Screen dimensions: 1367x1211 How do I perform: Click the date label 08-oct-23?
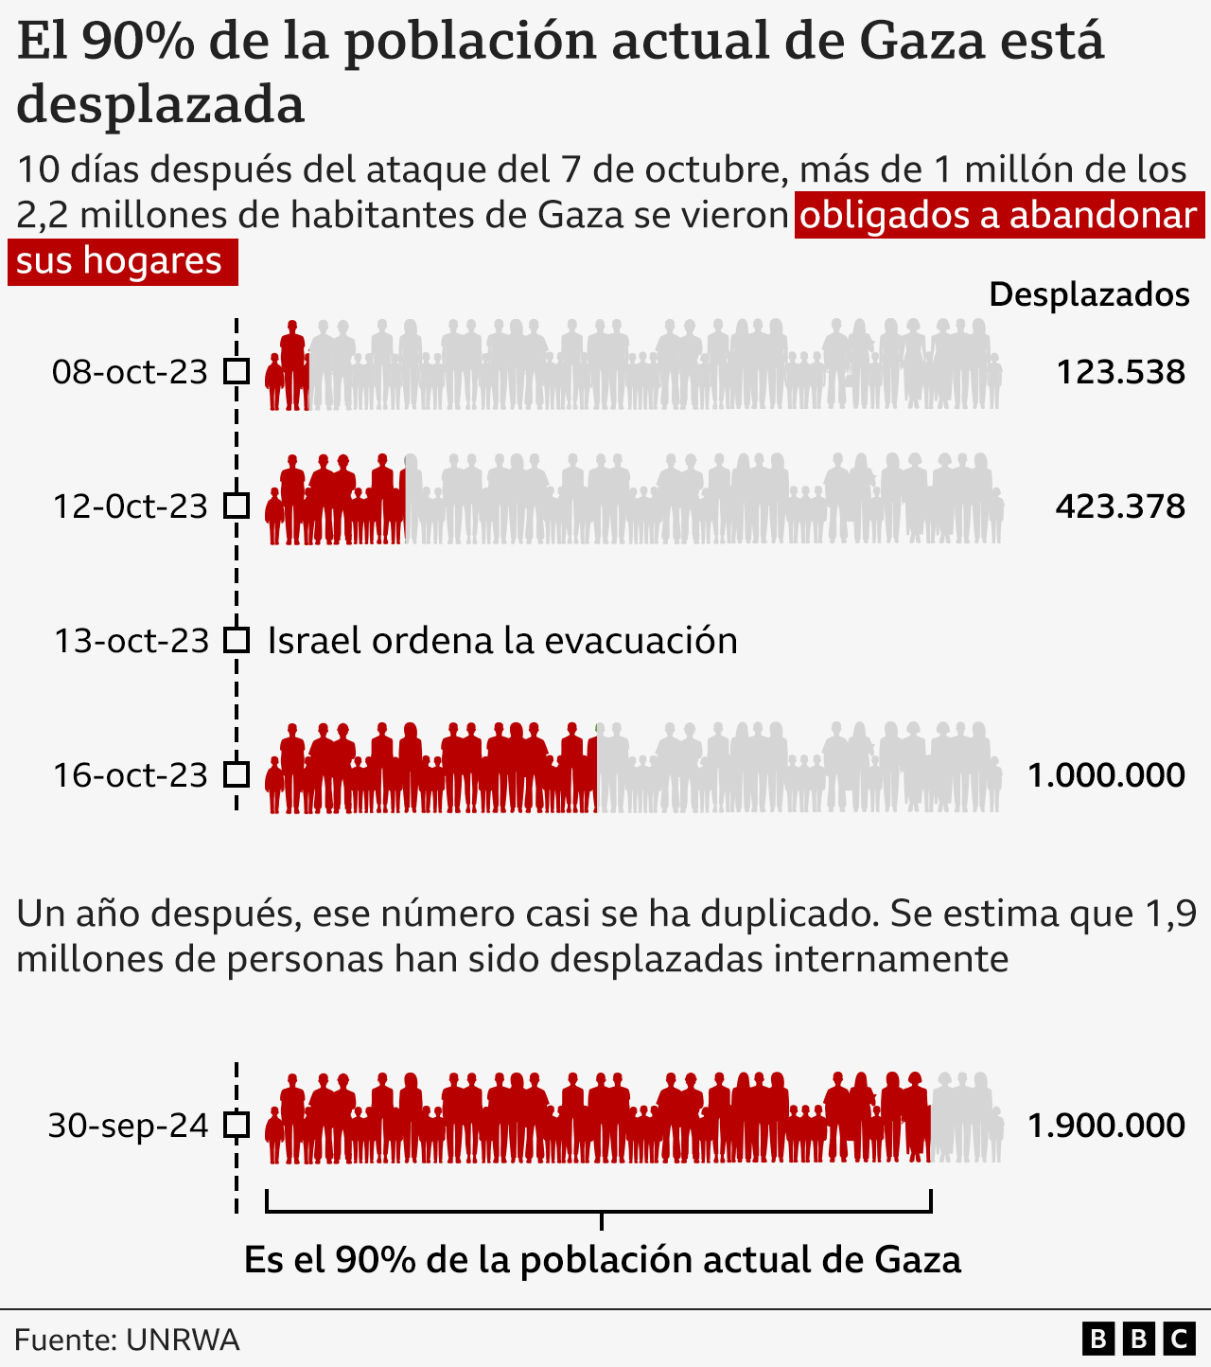(x=130, y=372)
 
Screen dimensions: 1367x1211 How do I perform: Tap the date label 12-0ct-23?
(x=130, y=506)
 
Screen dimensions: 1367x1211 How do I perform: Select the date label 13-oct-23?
(x=131, y=641)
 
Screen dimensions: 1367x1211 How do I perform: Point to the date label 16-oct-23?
(x=130, y=775)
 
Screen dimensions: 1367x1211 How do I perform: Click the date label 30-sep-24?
(x=128, y=1126)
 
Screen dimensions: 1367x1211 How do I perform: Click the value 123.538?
(x=1120, y=372)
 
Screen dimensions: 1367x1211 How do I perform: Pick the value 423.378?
(x=1120, y=506)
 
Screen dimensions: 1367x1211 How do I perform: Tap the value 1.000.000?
(x=1106, y=775)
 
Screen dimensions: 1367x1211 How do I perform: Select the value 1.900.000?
(x=1106, y=1126)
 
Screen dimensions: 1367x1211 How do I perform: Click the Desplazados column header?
(x=1089, y=294)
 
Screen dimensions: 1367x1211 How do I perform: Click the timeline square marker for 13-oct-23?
(x=237, y=641)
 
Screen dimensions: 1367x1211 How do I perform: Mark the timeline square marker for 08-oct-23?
(x=237, y=372)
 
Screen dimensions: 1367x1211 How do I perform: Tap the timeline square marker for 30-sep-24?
(x=237, y=1126)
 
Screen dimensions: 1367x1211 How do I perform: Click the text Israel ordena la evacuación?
(x=502, y=641)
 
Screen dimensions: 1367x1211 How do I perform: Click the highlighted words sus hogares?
(x=119, y=261)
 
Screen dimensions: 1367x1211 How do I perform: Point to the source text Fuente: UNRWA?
(x=127, y=1340)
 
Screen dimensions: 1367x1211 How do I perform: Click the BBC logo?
(x=1138, y=1340)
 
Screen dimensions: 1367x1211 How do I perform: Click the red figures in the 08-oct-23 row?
(x=289, y=369)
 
